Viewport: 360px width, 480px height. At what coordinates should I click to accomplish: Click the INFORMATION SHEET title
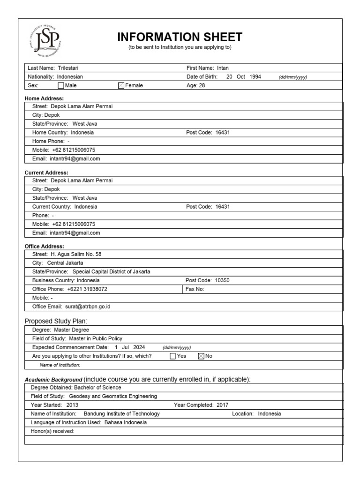(x=180, y=37)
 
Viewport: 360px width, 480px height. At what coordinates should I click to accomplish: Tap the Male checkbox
(x=60, y=86)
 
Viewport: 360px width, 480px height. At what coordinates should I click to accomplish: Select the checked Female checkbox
(x=121, y=86)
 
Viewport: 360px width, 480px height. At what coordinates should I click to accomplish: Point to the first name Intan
(x=223, y=68)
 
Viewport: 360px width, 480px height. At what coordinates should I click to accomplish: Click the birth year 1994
(x=255, y=77)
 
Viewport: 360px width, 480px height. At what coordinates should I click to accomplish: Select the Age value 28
(x=202, y=86)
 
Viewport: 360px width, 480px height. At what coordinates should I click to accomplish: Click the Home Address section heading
(x=44, y=98)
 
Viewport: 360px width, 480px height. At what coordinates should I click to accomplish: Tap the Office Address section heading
(x=44, y=246)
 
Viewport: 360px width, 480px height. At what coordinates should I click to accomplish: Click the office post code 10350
(x=222, y=280)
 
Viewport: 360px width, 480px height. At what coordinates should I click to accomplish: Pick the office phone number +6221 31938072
(x=87, y=289)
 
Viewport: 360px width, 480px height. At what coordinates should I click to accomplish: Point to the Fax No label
(x=195, y=289)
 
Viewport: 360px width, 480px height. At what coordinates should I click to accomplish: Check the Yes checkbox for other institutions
(x=172, y=356)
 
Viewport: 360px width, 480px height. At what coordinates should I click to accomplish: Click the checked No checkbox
(x=201, y=356)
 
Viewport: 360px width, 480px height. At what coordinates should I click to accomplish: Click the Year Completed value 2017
(x=223, y=405)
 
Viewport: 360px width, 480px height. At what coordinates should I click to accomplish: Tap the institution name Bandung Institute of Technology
(x=121, y=414)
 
